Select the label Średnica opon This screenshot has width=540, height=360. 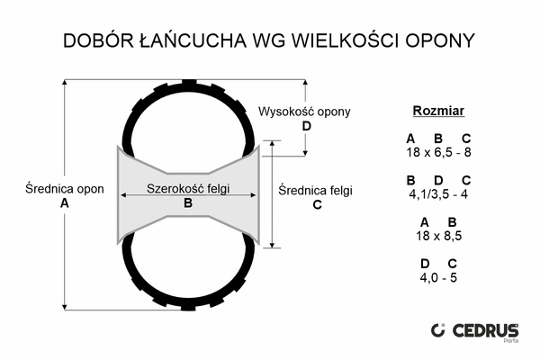[65, 190]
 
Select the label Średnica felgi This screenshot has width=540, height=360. [316, 191]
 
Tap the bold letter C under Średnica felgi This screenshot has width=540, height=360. [316, 204]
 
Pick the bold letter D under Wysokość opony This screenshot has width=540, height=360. [306, 126]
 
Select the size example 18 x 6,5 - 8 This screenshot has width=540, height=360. [438, 152]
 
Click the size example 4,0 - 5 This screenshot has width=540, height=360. [438, 277]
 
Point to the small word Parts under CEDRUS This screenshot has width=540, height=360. [509, 343]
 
